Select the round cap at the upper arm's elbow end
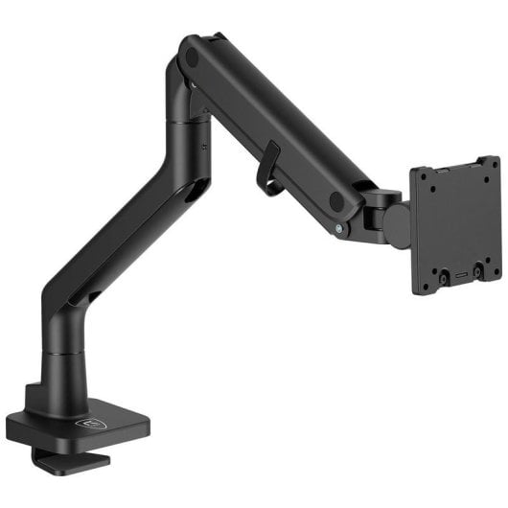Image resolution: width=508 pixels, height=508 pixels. pos(192,58)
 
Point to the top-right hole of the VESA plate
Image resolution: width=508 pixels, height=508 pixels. pos(485,176)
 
